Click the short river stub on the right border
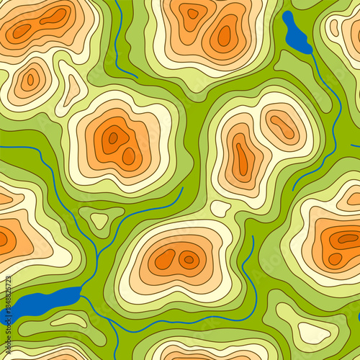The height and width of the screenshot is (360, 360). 355,146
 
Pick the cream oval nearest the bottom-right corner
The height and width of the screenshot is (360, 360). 314,332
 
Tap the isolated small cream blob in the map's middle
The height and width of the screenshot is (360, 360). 220,209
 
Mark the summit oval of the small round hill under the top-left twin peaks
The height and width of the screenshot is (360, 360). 30,80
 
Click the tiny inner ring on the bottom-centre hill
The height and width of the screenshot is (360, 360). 189,259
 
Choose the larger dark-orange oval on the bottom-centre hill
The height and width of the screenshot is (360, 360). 165,259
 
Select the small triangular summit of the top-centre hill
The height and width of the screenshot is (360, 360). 192,13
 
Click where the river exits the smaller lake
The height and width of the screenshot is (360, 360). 310,53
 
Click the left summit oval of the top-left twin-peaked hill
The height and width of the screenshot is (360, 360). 22,31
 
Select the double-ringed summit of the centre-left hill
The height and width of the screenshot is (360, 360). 113,138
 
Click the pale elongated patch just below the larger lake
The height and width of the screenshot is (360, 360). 68,320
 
